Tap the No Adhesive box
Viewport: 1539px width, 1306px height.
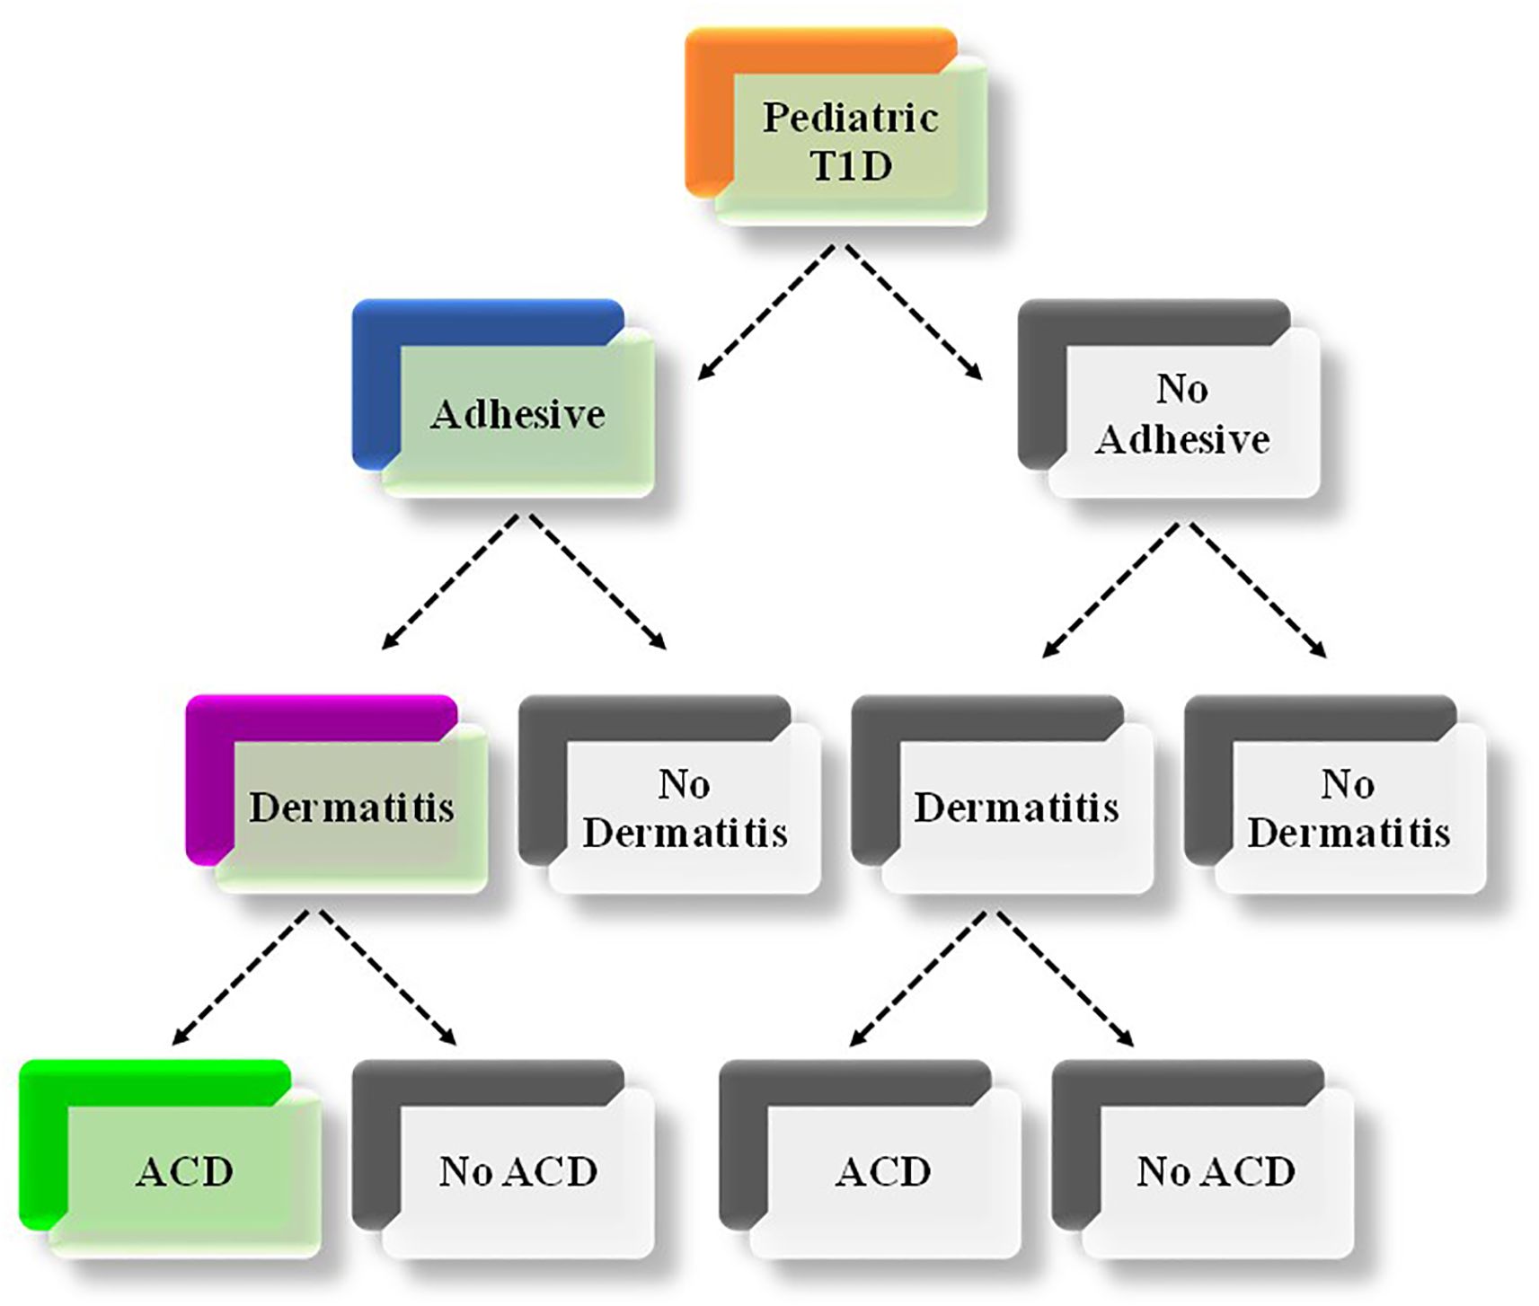tap(1181, 413)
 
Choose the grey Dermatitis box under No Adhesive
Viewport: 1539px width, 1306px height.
tap(1015, 807)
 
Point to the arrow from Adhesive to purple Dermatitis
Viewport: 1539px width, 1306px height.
tap(449, 582)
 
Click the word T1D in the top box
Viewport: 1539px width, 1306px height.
tap(850, 167)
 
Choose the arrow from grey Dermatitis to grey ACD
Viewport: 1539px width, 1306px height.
tap(917, 979)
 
